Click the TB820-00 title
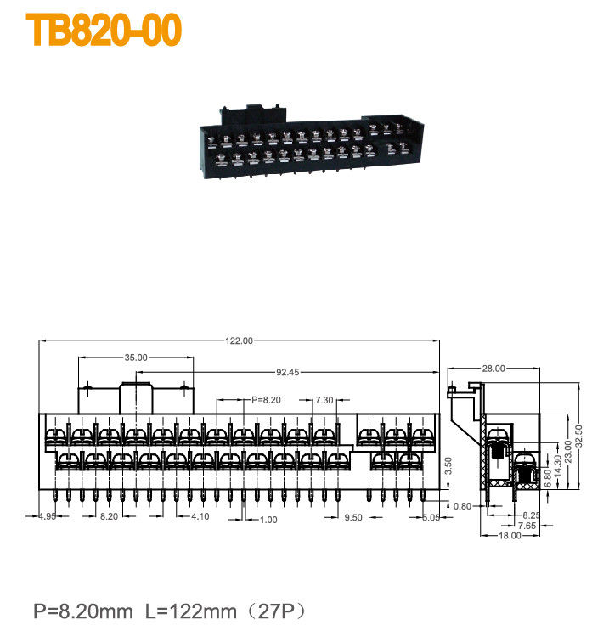[x=104, y=31]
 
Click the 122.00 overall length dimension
[x=239, y=341]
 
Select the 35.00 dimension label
[x=136, y=358]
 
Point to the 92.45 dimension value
[x=287, y=372]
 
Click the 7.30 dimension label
[x=324, y=399]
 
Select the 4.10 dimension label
[x=200, y=516]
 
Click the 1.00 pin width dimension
[x=268, y=520]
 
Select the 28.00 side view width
[x=493, y=369]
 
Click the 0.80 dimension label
[x=462, y=506]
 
